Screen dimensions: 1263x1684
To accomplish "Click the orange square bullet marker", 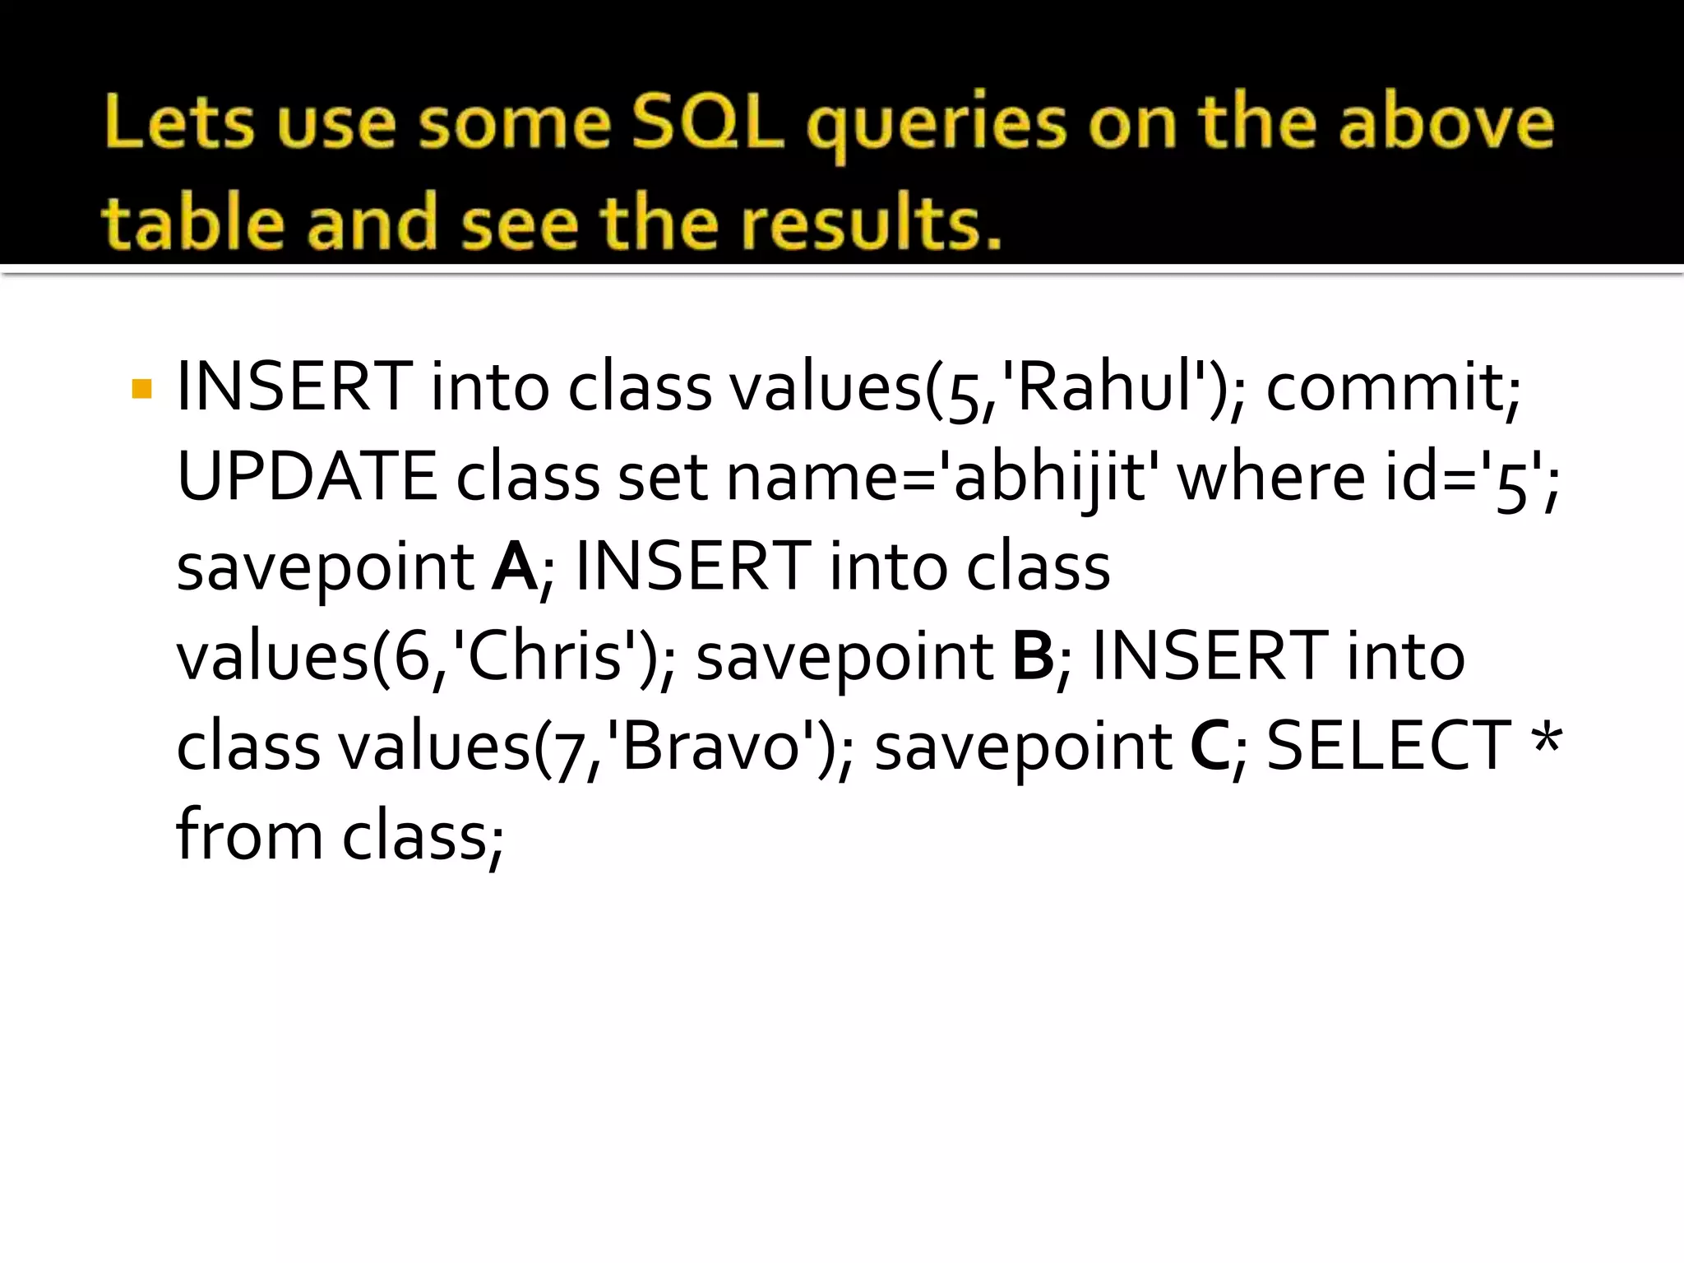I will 141,389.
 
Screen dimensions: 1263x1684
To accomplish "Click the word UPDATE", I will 306,477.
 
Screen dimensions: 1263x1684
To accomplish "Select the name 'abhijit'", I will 1048,477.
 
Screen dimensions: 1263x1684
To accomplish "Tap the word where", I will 1271,477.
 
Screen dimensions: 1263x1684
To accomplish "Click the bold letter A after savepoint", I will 514,567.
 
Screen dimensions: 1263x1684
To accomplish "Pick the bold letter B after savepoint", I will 1033,656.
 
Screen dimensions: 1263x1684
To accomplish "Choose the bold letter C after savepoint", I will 1210,746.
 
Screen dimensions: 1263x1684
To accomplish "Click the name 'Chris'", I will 544,656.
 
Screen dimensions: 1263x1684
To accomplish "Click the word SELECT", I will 1388,746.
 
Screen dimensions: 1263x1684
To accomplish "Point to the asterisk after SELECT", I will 1547,738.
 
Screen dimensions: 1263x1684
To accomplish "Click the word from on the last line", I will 249,835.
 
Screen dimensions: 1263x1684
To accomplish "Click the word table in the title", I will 194,224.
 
